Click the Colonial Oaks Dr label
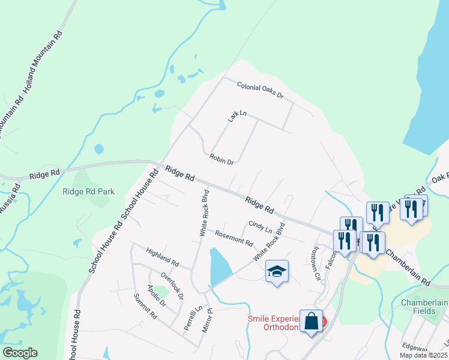[x=260, y=91]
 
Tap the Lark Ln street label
[x=237, y=116]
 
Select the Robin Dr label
[x=221, y=158]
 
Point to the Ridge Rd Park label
[x=88, y=192]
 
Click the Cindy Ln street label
[x=260, y=227]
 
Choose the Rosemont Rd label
[x=234, y=238]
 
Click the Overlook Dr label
[x=172, y=286]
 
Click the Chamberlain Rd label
[x=409, y=266]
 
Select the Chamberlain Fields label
[x=424, y=307]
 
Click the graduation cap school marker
[x=277, y=272]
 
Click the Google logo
[x=20, y=353]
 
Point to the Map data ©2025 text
[x=423, y=355]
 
